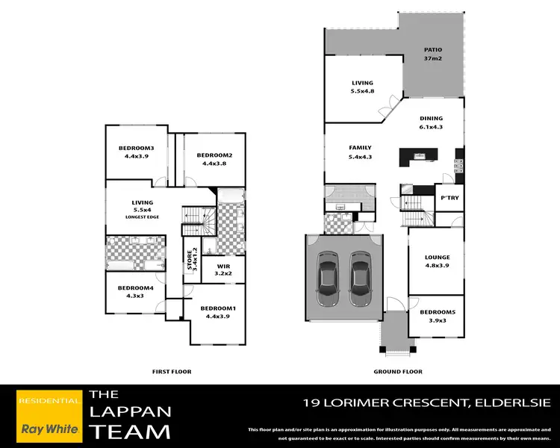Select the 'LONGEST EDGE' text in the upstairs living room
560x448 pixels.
click(142, 217)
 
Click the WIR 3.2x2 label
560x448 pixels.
click(223, 270)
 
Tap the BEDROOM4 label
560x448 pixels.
click(135, 292)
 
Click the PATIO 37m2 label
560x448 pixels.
click(433, 54)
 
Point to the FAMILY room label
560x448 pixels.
click(360, 152)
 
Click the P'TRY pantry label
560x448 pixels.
click(449, 198)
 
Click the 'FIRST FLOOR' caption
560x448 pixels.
click(171, 371)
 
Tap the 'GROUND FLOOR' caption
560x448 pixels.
click(397, 371)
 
